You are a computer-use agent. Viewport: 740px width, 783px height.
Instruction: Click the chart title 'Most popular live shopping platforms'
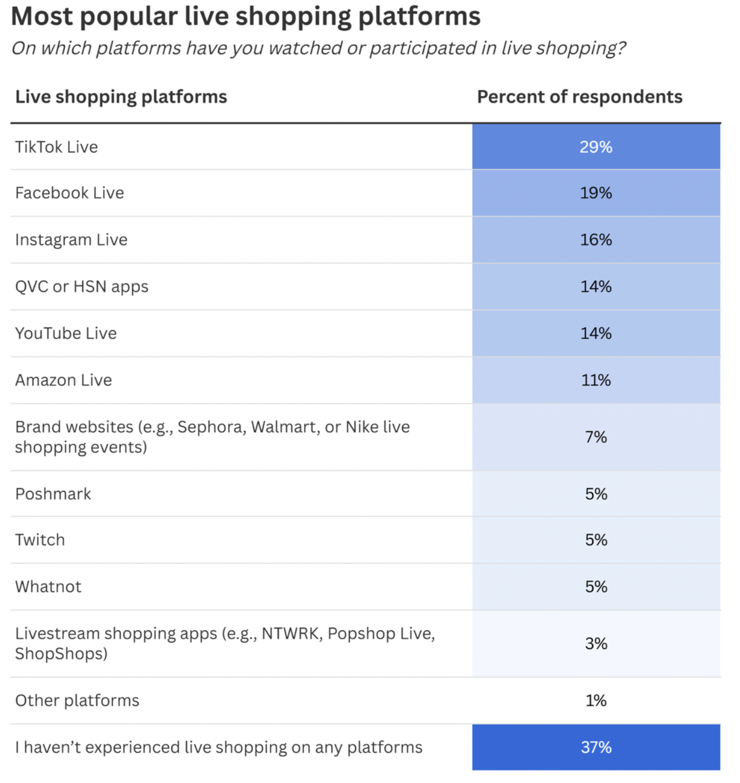click(x=245, y=16)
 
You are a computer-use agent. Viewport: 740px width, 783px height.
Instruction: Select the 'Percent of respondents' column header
click(x=579, y=97)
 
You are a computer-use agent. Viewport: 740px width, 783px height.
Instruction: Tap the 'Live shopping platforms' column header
click(x=121, y=97)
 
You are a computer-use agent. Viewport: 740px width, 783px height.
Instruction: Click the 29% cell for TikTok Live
click(x=596, y=147)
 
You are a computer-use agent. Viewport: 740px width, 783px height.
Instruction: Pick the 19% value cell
click(x=596, y=193)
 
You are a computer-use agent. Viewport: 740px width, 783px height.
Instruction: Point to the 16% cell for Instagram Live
click(x=596, y=240)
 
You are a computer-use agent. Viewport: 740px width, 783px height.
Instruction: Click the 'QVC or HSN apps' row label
click(x=81, y=287)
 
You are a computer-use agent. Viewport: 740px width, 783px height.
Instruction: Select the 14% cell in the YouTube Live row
click(x=596, y=333)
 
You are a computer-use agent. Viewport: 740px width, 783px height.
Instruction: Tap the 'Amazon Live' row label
click(x=64, y=380)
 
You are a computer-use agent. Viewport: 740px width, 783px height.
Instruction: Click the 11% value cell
click(x=596, y=380)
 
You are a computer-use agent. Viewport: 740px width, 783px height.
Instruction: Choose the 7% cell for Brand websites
click(x=596, y=437)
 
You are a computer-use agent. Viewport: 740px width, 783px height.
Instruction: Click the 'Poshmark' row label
click(x=53, y=494)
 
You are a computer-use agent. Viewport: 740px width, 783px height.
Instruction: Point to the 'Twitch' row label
click(x=40, y=540)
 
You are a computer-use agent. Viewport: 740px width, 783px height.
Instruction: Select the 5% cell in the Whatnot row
click(x=596, y=587)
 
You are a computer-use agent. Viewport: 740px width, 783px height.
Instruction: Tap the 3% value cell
click(x=596, y=643)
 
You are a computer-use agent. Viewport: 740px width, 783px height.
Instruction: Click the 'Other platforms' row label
click(x=77, y=700)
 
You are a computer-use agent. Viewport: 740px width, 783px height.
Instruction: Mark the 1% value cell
click(x=596, y=700)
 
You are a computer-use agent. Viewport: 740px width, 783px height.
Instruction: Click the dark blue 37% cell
click(x=596, y=747)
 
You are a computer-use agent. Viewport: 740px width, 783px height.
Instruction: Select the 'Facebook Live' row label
click(x=70, y=193)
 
